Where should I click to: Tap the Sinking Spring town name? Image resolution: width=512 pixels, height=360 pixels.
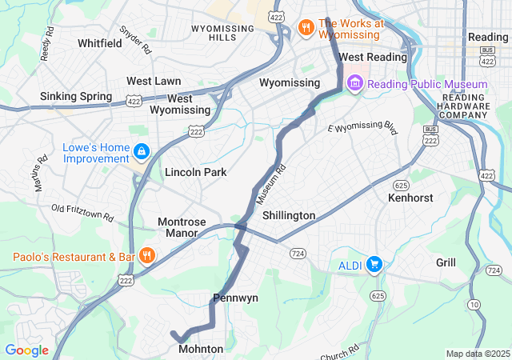coord(75,97)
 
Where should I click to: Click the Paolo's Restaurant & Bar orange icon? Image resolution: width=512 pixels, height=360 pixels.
coord(146,256)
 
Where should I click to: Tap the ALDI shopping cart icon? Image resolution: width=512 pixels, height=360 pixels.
coord(374,264)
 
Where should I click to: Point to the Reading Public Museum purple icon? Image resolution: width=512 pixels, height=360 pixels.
coord(354,84)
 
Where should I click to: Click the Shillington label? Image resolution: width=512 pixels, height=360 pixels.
coord(289,215)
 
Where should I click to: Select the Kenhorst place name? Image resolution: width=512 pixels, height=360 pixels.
coord(410,197)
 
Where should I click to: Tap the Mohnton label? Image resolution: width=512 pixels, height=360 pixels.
coord(201,349)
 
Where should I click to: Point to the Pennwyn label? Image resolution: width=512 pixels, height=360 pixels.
coord(235,298)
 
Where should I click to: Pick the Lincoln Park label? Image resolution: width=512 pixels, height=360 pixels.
coord(195,172)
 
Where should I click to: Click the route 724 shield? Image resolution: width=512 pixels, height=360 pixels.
coord(298,254)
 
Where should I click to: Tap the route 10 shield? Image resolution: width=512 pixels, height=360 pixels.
coord(475,305)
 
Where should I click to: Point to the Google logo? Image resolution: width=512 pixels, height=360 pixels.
coord(26,350)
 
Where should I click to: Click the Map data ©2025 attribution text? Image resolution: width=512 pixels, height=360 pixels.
coord(477,354)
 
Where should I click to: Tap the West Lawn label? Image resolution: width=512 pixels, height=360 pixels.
coord(154,81)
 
